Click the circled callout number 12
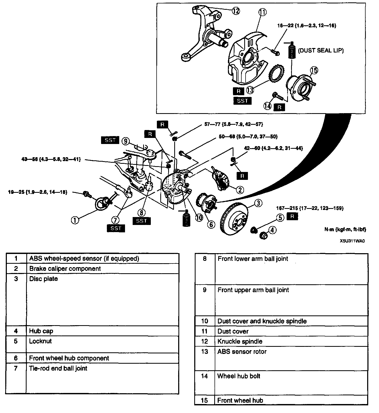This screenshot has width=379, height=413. [x=236, y=11]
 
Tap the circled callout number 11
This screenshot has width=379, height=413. [x=262, y=12]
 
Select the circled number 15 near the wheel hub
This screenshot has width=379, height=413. [x=314, y=71]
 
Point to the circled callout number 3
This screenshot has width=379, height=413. [x=258, y=203]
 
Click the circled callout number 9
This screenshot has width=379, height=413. [x=126, y=141]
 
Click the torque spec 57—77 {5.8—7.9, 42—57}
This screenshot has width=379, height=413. [x=233, y=124]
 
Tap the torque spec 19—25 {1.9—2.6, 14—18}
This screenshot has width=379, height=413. [x=38, y=192]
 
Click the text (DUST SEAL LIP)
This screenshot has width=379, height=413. [x=321, y=50]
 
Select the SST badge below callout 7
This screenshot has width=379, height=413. [x=116, y=228]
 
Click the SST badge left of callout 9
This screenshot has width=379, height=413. [x=110, y=140]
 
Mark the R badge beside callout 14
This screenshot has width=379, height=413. [x=279, y=107]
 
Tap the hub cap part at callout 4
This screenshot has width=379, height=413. [x=263, y=235]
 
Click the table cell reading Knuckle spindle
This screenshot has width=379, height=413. [x=240, y=341]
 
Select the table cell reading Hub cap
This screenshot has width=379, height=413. [x=41, y=331]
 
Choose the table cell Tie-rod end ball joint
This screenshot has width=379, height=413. [x=58, y=368]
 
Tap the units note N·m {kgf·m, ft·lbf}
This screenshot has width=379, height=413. [x=345, y=229]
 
